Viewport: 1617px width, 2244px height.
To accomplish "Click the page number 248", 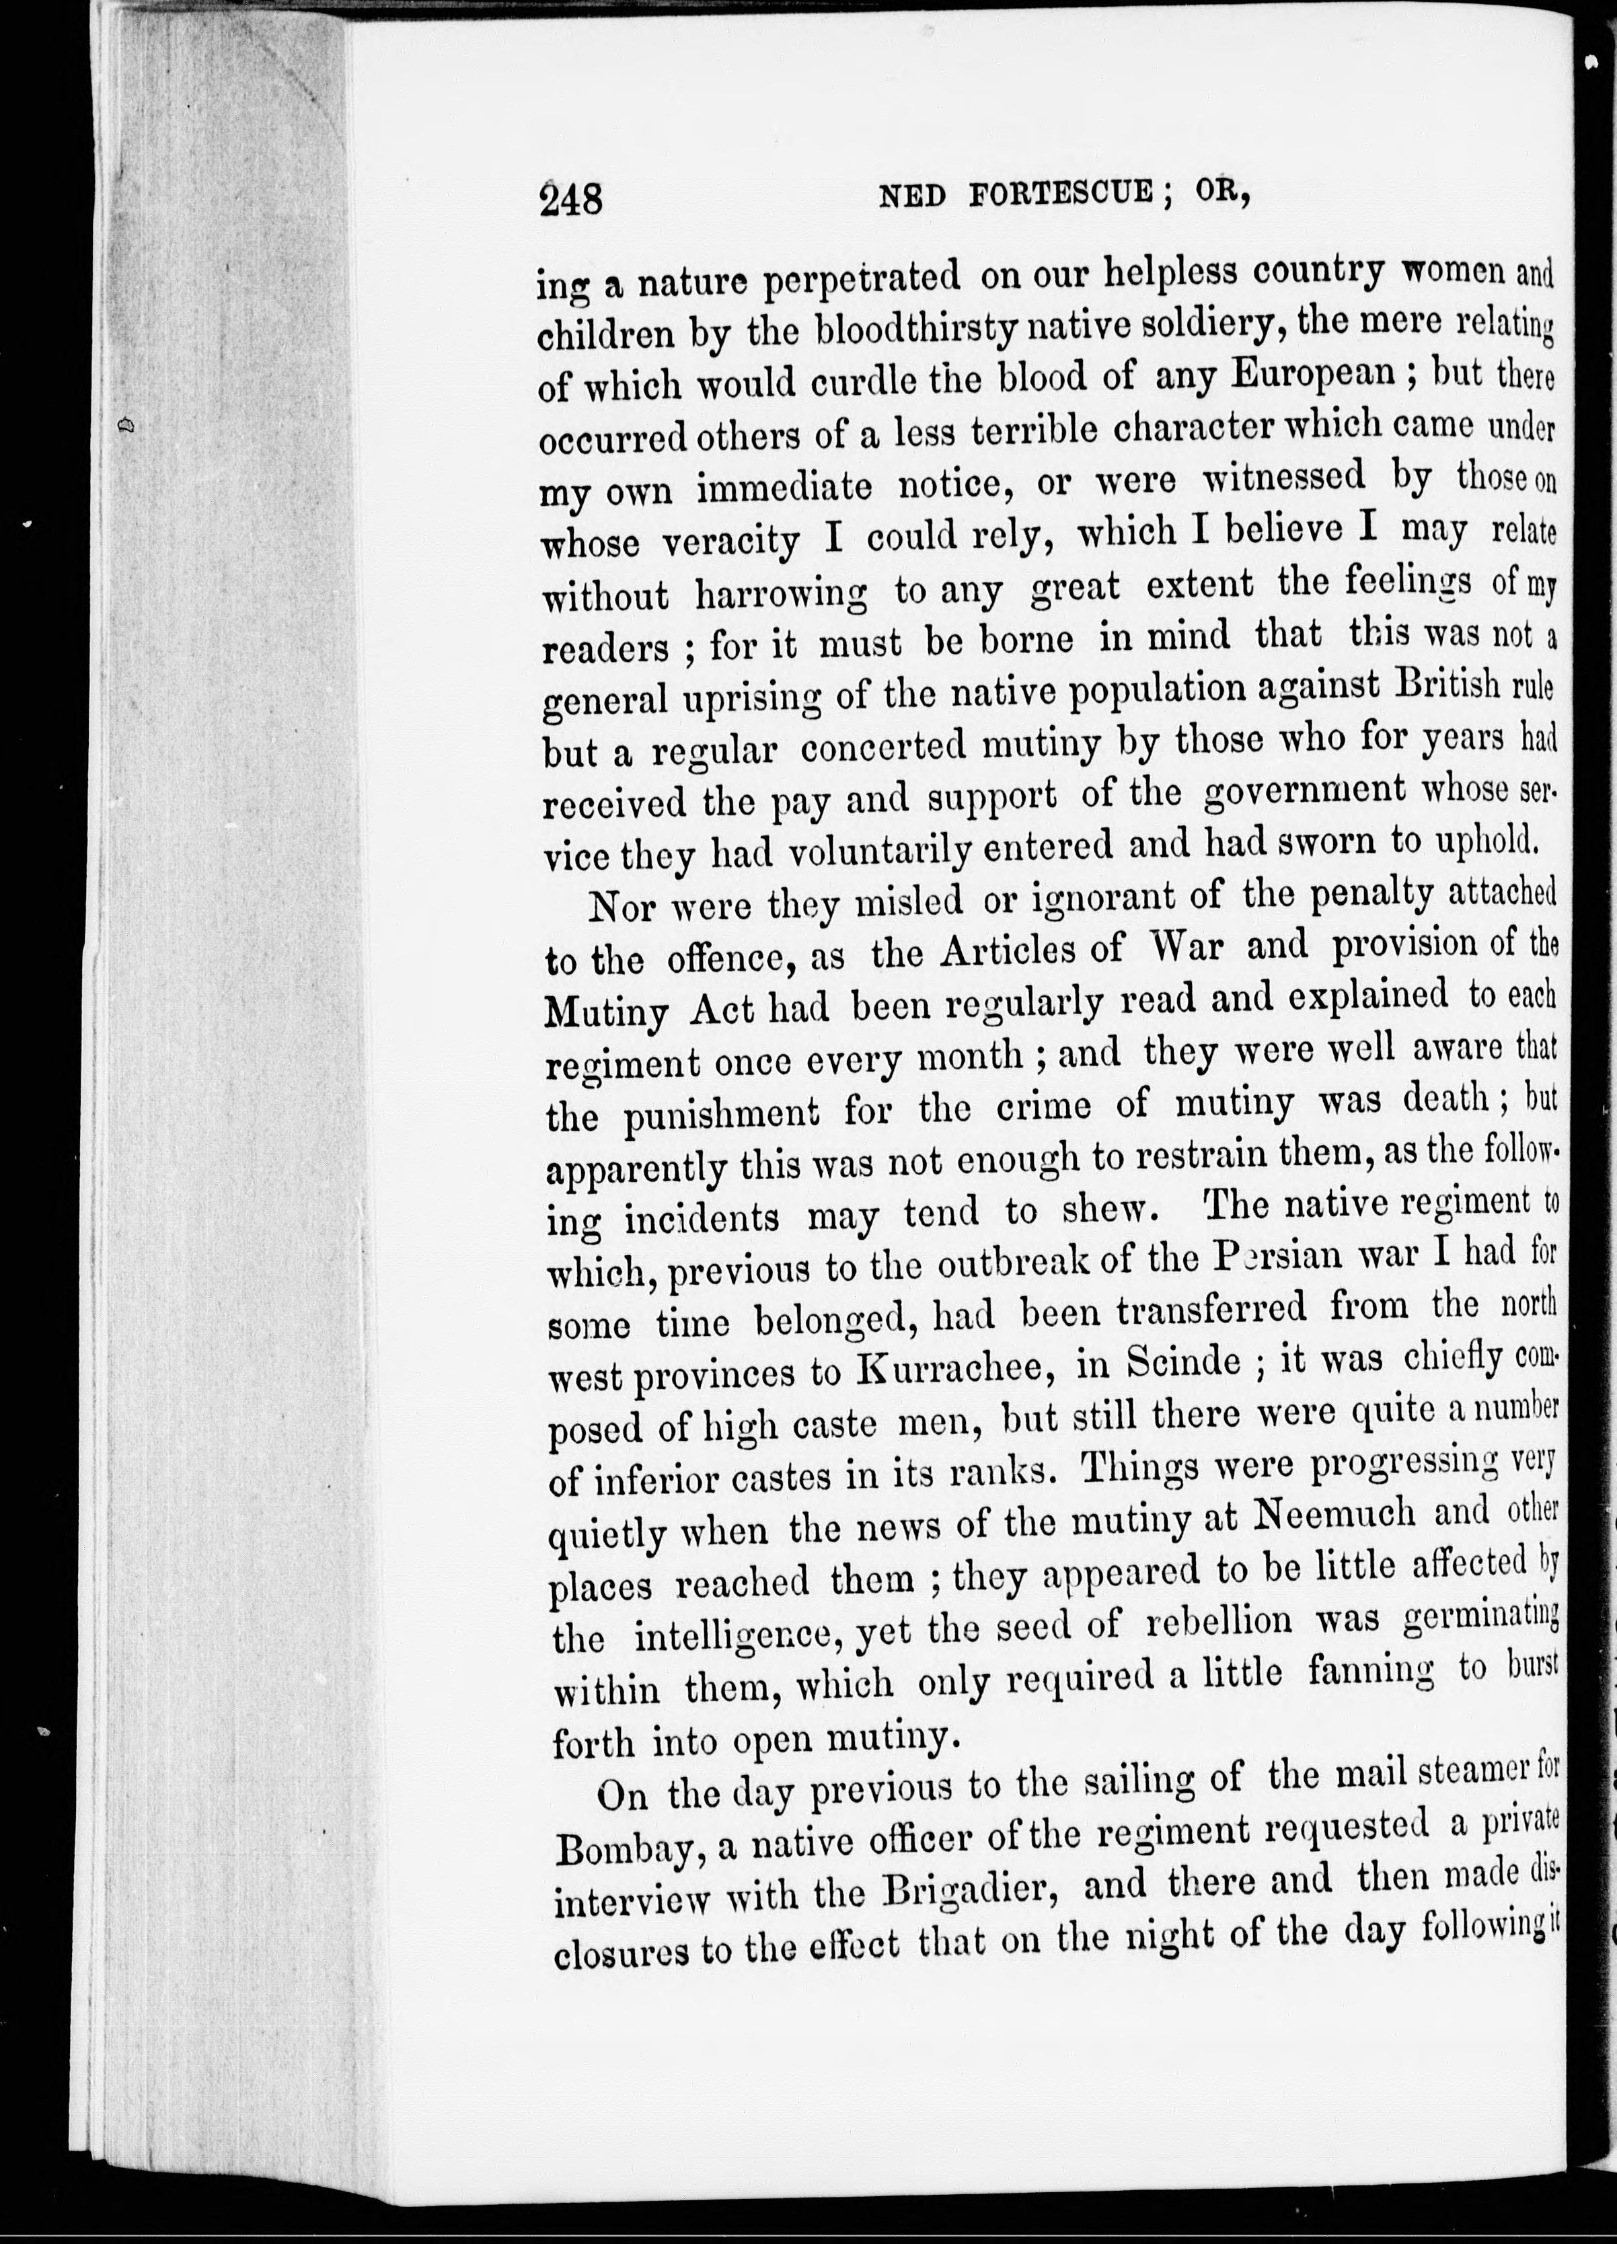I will pos(571,201).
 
